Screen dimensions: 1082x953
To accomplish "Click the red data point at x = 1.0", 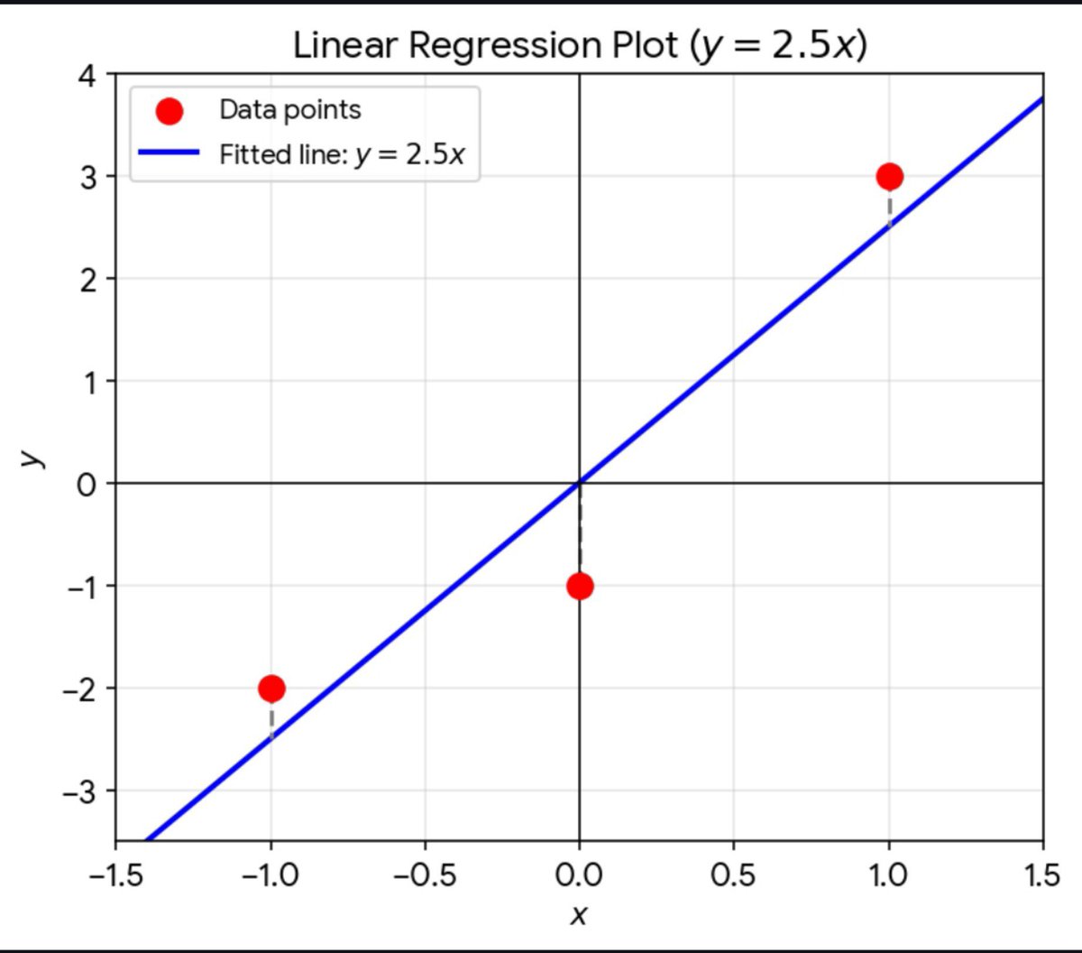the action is pyautogui.click(x=889, y=176).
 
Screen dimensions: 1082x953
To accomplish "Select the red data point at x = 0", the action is pyautogui.click(x=580, y=587).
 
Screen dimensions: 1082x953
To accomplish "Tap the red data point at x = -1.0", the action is pyautogui.click(x=271, y=689).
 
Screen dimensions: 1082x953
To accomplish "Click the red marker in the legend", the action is pyautogui.click(x=170, y=111).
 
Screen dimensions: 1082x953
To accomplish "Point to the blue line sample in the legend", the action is pyautogui.click(x=169, y=153).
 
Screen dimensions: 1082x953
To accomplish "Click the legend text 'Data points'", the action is pyautogui.click(x=290, y=110).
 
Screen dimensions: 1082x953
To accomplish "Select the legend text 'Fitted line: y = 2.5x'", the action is pyautogui.click(x=342, y=154).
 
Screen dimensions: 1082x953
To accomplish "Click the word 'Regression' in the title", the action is pyautogui.click(x=505, y=47).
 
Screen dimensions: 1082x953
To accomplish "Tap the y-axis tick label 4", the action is pyautogui.click(x=87, y=77).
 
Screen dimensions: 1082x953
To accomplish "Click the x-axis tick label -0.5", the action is pyautogui.click(x=425, y=876).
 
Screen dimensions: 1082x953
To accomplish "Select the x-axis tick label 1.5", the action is pyautogui.click(x=1042, y=876).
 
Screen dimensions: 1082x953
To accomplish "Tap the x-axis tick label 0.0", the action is pyautogui.click(x=579, y=876).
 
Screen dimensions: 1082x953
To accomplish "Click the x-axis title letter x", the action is pyautogui.click(x=578, y=916).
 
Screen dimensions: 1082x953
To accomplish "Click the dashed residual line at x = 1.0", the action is pyautogui.click(x=889, y=209).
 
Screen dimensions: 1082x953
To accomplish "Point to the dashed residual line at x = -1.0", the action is pyautogui.click(x=271, y=721).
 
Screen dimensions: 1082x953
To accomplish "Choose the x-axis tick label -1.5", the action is pyautogui.click(x=116, y=876).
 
